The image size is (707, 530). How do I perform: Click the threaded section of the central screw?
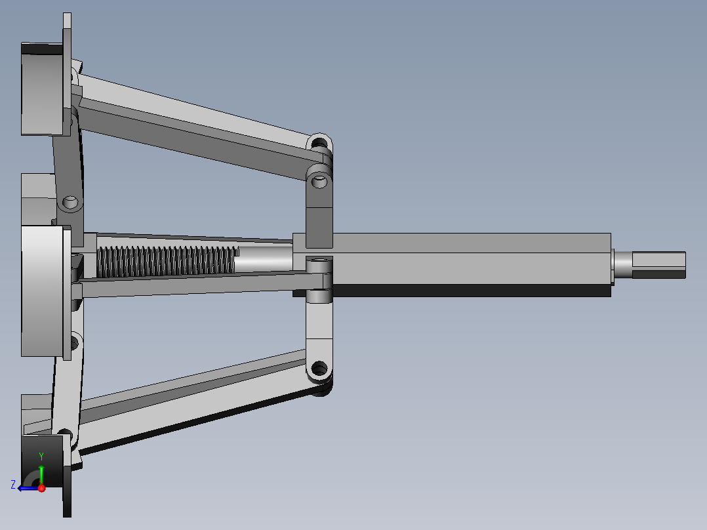click(166, 261)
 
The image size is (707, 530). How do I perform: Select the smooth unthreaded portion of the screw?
click(264, 258)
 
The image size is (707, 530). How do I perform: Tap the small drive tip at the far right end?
click(658, 265)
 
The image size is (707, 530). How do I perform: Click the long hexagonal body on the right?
click(452, 265)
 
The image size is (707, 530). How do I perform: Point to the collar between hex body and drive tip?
click(622, 266)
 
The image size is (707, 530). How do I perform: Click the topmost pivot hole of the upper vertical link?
click(319, 144)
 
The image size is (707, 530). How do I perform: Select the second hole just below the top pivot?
click(319, 181)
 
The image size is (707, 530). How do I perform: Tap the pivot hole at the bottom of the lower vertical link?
click(319, 369)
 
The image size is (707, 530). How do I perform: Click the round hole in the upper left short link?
click(70, 201)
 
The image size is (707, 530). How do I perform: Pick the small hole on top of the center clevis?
click(319, 260)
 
